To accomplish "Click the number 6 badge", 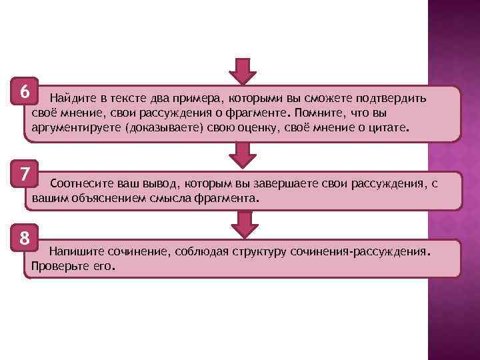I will [24, 91].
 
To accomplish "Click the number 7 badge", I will [24, 175].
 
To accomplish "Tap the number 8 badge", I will [24, 237].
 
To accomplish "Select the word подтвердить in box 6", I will [393, 99].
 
